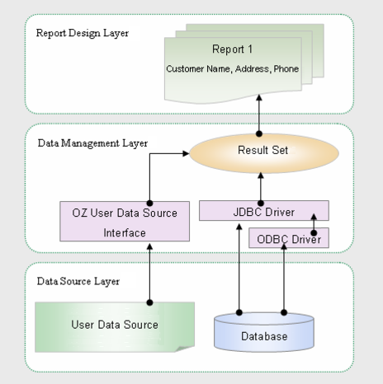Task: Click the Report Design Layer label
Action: (83, 33)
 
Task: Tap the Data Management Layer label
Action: (92, 143)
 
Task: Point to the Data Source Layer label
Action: (78, 281)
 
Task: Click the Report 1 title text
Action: (232, 49)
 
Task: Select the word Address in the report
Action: (252, 68)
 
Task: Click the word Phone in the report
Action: (286, 68)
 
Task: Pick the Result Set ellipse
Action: (264, 153)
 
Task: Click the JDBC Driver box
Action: (264, 210)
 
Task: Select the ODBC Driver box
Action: (289, 238)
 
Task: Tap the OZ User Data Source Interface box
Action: (125, 222)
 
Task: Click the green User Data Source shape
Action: (115, 327)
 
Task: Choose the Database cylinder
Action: (264, 332)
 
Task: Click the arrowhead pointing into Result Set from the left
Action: (186, 153)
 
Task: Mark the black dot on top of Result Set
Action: (259, 134)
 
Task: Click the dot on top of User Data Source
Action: (149, 302)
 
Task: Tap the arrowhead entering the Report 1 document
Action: (259, 98)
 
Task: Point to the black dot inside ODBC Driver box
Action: (314, 233)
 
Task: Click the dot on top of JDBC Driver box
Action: (261, 204)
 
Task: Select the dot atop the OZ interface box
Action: (149, 204)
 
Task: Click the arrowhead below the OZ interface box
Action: (149, 246)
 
